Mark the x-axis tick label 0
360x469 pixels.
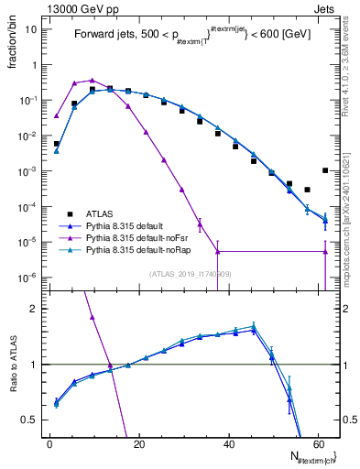coord(49,444)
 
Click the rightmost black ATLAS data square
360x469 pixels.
coord(325,170)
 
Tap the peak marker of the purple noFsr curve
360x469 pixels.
coord(93,81)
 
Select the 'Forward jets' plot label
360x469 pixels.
coord(103,36)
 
